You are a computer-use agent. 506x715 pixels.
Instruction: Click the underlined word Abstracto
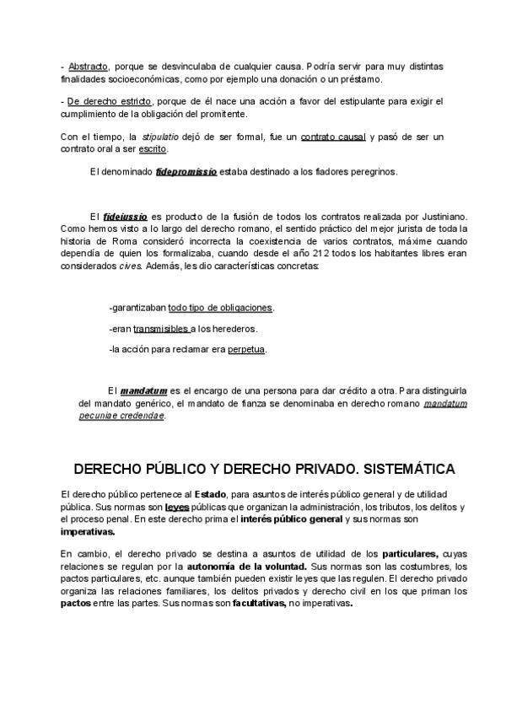pos(88,66)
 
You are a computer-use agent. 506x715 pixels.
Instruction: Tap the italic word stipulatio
pos(159,137)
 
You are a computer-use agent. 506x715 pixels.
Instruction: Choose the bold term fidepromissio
pos(186,172)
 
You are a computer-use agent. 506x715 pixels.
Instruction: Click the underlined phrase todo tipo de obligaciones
pos(221,308)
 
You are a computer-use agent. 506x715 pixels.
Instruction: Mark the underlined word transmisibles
pos(161,329)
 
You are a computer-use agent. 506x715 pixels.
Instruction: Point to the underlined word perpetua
pos(246,349)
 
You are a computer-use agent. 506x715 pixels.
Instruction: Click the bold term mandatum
pos(143,391)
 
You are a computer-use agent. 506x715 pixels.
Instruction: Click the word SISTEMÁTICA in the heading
pos(395,469)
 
